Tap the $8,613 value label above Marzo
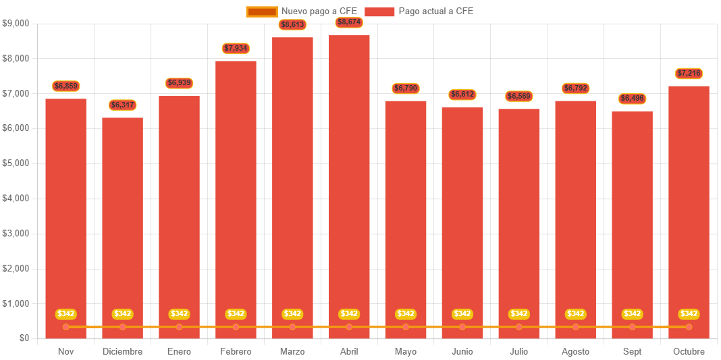coord(292,25)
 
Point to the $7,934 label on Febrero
coord(236,49)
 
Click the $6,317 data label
coord(122,105)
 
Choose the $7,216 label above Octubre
coord(689,73)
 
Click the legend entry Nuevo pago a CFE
coord(302,11)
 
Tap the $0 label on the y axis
coord(24,338)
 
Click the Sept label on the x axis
coord(632,351)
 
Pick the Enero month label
coord(179,351)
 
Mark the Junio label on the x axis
coord(462,351)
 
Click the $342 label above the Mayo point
coord(406,314)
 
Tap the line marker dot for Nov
coord(66,327)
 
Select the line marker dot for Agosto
coord(575,327)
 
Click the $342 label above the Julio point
coord(518,314)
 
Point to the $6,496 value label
coord(632,99)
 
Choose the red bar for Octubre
coord(689,209)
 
